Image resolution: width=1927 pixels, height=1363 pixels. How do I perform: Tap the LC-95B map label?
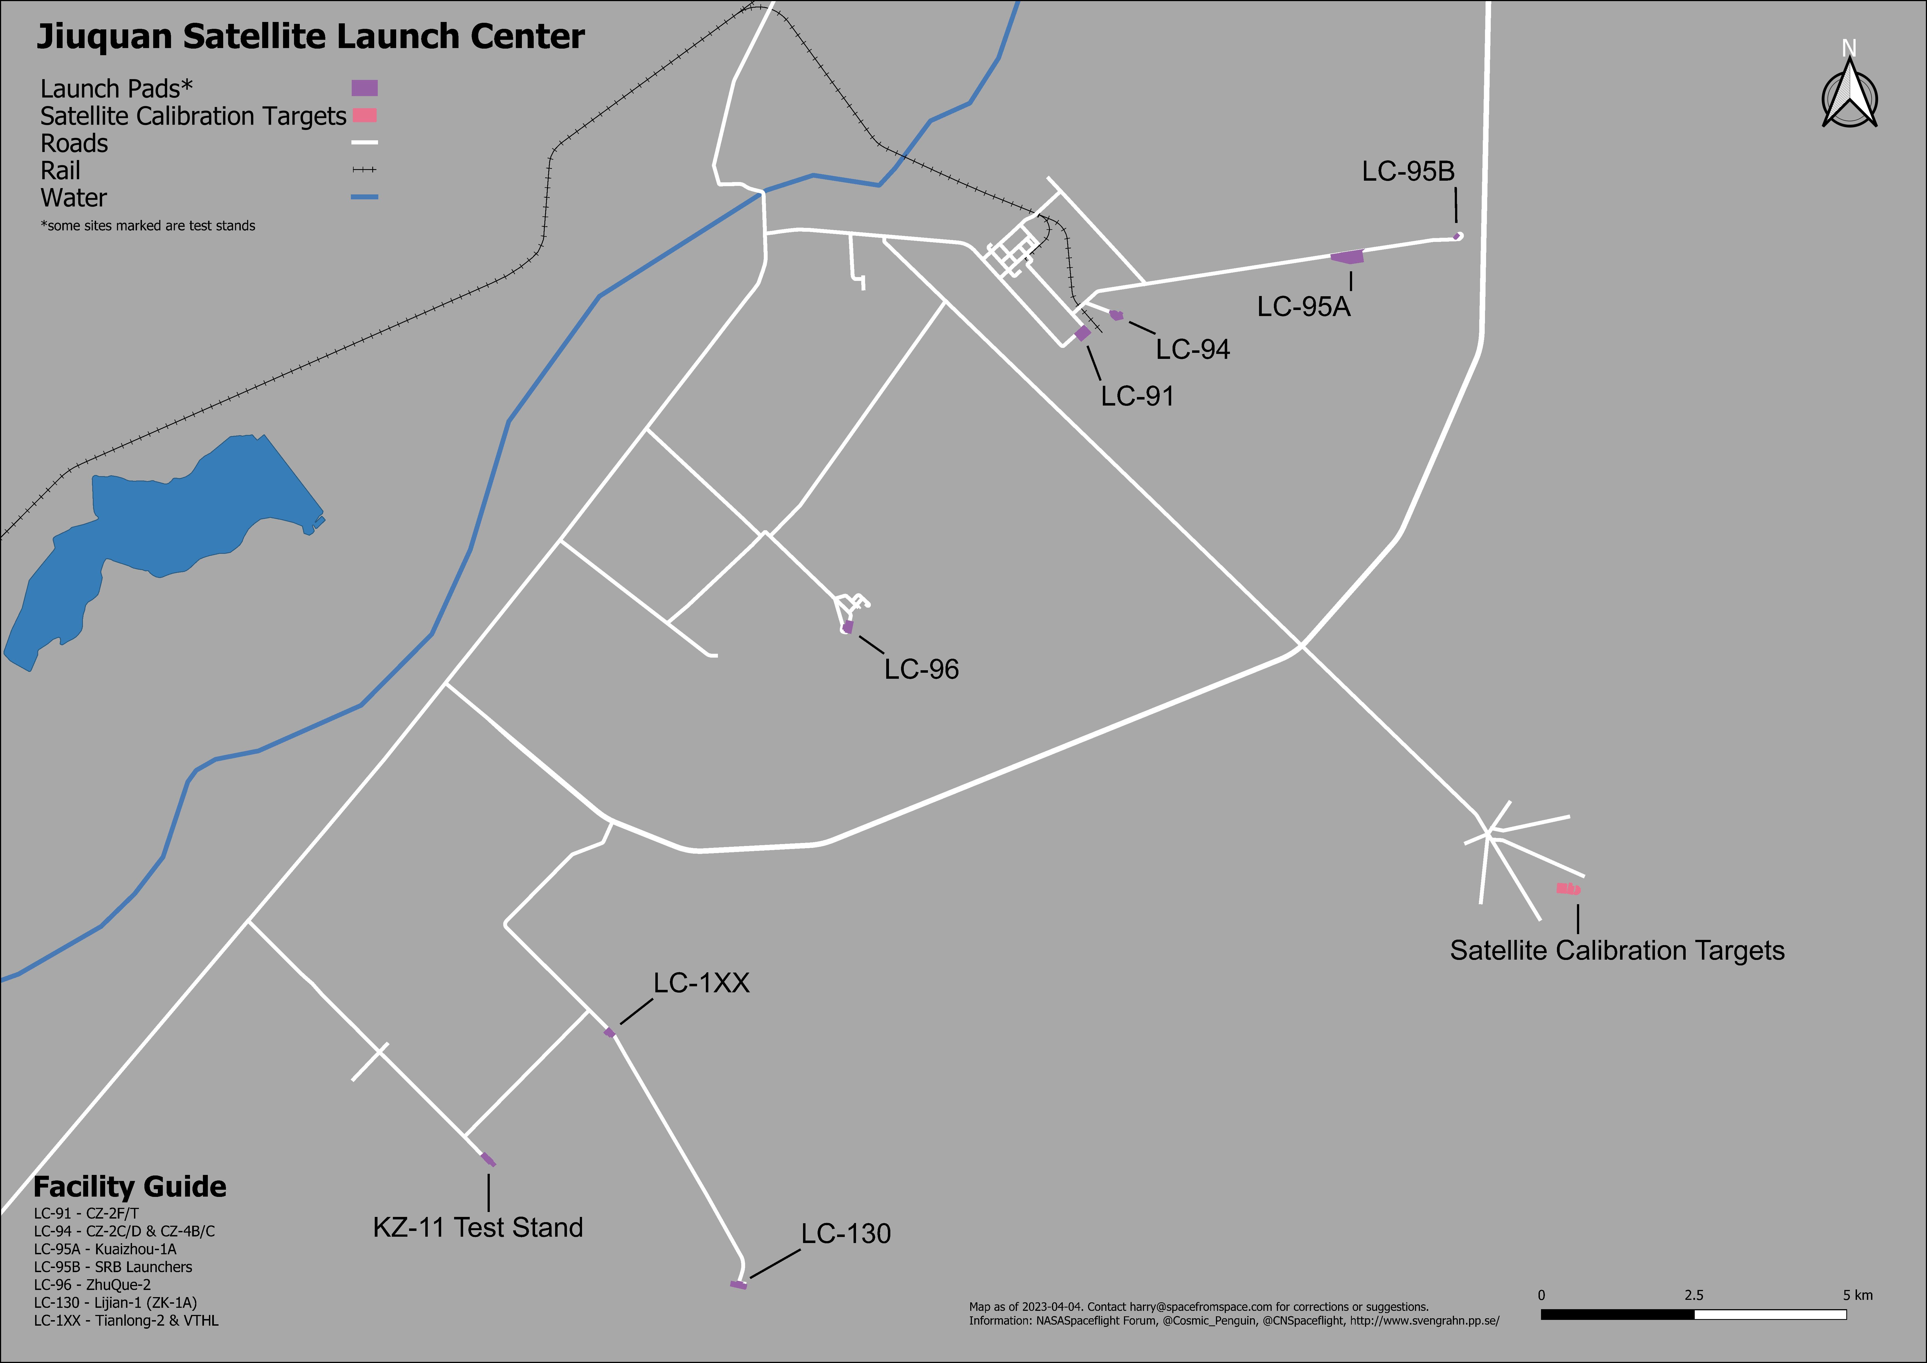pyautogui.click(x=1408, y=171)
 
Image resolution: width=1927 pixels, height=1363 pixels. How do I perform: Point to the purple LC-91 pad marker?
pyautogui.click(x=1083, y=333)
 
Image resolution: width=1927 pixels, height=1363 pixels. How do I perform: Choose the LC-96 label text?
pyautogui.click(x=921, y=669)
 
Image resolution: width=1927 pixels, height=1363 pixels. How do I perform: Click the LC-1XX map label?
pyautogui.click(x=701, y=983)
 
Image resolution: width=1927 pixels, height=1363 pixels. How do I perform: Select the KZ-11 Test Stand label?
pyautogui.click(x=477, y=1227)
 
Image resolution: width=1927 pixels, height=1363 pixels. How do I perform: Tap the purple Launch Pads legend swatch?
pyautogui.click(x=364, y=88)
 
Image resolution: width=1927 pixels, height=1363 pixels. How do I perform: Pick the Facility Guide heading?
pyautogui.click(x=130, y=1187)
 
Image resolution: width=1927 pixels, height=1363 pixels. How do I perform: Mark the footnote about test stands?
pyautogui.click(x=148, y=226)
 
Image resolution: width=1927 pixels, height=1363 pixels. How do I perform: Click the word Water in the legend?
pyautogui.click(x=74, y=198)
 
